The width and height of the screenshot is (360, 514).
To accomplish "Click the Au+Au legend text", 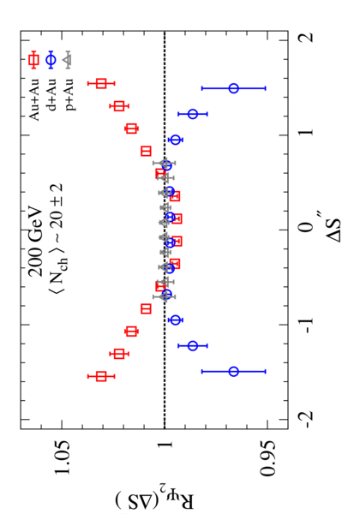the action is point(33,99).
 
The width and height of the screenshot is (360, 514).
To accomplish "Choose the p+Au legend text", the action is point(69,95).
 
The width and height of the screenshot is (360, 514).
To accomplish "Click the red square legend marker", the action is point(33,60).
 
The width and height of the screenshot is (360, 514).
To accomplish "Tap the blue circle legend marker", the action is point(51,60).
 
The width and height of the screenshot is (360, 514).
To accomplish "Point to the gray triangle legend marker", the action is point(69,60).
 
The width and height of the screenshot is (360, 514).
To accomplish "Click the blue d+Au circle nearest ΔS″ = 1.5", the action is point(233,88).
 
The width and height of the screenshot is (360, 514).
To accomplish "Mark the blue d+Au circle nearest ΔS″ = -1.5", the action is point(233,372).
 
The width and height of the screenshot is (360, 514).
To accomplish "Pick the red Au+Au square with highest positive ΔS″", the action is point(101,83).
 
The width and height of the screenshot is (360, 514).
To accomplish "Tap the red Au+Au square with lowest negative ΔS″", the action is point(101,377).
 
